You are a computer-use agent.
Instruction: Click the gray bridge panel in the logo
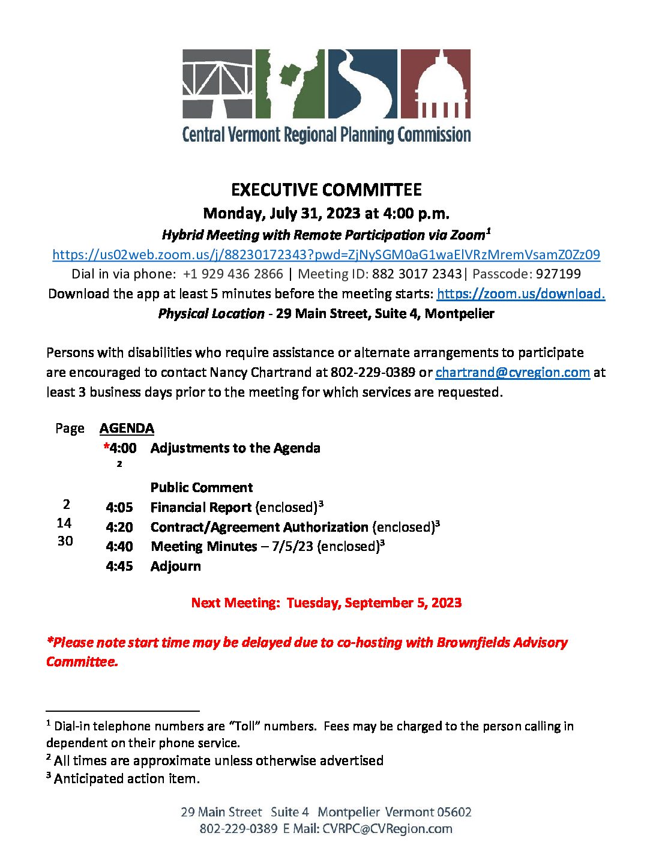[x=218, y=83]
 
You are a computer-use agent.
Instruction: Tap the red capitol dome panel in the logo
[x=435, y=83]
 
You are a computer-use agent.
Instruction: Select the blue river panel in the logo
[x=363, y=83]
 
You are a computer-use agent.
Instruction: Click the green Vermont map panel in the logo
[x=290, y=83]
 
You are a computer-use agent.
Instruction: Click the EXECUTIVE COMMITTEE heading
[x=326, y=190]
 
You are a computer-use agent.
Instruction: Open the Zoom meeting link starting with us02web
[x=326, y=254]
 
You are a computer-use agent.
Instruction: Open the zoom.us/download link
[x=520, y=293]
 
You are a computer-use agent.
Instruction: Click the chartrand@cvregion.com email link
[x=513, y=372]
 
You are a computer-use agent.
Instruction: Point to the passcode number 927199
[x=558, y=274]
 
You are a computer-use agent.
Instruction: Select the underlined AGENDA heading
[x=127, y=429]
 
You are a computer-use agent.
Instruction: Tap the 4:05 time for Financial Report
[x=119, y=508]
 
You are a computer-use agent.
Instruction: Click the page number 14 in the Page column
[x=64, y=523]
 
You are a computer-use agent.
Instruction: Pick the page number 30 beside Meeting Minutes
[x=65, y=541]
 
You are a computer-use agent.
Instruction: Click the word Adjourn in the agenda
[x=176, y=567]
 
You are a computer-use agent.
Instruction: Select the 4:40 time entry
[x=119, y=547]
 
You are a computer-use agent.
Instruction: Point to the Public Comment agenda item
[x=202, y=487]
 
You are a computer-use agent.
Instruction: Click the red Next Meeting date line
[x=326, y=603]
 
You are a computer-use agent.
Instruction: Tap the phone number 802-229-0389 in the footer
[x=238, y=829]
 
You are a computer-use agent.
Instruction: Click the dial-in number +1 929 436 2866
[x=233, y=274]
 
